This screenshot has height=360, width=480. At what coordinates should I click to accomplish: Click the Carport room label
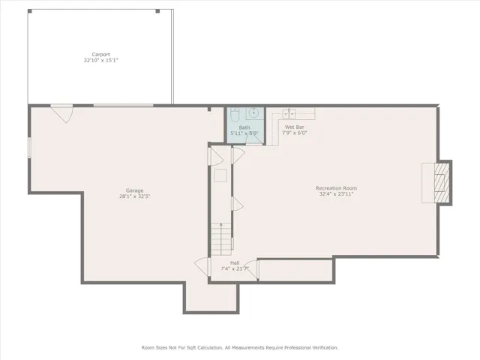click(x=101, y=55)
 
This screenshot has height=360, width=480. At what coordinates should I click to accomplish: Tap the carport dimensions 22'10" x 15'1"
click(x=101, y=60)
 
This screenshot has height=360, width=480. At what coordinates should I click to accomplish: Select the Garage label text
click(x=134, y=190)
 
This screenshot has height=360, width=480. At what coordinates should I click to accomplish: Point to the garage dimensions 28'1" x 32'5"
click(x=134, y=196)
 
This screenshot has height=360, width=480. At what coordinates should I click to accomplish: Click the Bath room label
click(x=244, y=127)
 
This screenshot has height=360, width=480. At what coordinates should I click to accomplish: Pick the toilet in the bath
click(x=235, y=115)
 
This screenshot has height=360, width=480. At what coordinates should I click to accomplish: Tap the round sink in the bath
click(x=254, y=113)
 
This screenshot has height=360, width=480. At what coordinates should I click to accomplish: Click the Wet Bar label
click(x=295, y=127)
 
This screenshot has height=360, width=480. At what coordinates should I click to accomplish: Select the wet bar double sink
click(x=289, y=113)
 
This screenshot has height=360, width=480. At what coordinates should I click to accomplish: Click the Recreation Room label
click(x=336, y=188)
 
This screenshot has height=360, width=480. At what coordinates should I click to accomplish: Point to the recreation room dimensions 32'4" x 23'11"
click(x=336, y=193)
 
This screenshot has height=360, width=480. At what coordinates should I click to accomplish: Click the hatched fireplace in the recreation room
click(x=442, y=183)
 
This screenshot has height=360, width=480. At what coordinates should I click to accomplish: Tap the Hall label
click(x=235, y=263)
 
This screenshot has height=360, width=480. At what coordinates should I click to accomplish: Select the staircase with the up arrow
click(x=221, y=239)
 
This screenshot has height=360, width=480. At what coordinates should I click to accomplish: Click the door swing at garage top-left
click(x=62, y=114)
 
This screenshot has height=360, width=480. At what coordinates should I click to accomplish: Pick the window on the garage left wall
click(x=29, y=148)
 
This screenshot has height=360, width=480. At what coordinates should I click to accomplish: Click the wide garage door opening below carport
click(x=123, y=106)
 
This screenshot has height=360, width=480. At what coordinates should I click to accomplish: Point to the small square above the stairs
click(x=220, y=175)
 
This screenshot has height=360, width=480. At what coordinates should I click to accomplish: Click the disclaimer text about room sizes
click(x=240, y=348)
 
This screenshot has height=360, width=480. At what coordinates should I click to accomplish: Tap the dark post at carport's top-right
click(x=157, y=11)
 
